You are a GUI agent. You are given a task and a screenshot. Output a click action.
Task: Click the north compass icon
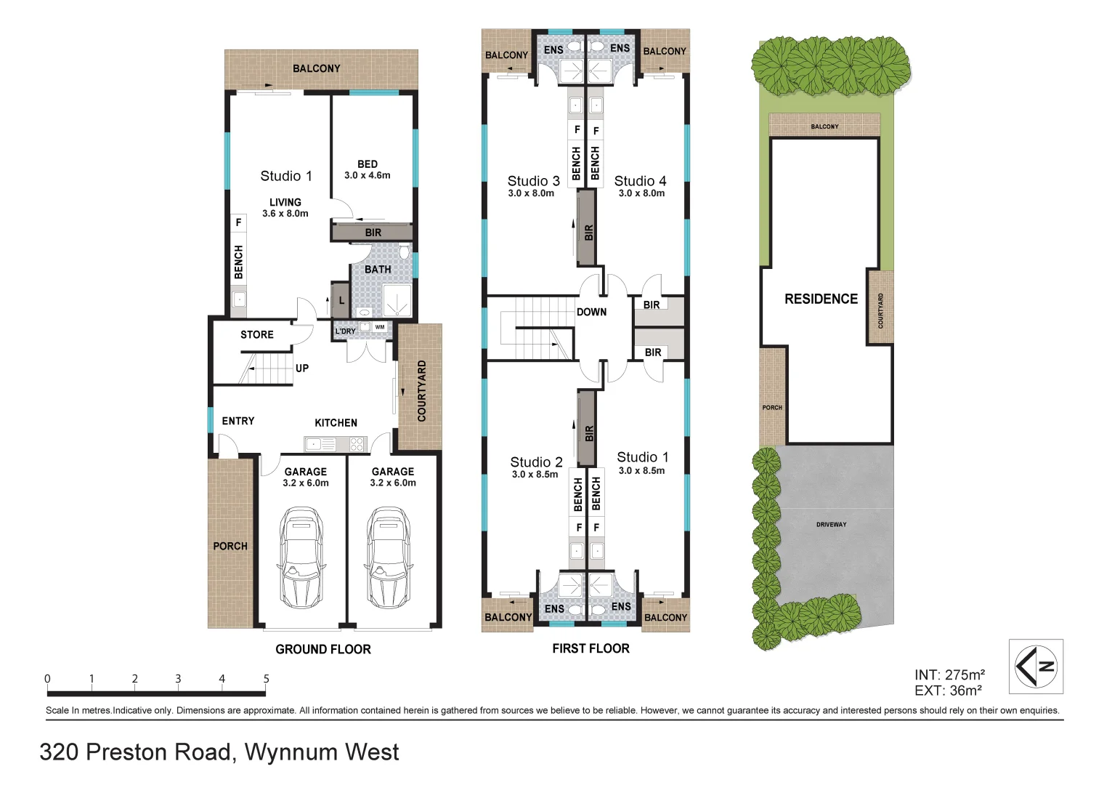pos(1035,667)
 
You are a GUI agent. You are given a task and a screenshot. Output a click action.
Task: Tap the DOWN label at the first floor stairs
pos(591,312)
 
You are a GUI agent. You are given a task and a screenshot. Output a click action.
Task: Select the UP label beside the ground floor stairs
pos(302,369)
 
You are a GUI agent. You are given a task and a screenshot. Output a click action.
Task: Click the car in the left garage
pos(302,557)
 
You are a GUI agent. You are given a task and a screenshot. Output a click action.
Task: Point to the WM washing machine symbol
pos(380,327)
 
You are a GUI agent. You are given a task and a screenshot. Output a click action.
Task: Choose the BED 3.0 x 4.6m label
pos(368,170)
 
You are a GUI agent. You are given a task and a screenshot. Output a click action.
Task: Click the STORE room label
pos(257,335)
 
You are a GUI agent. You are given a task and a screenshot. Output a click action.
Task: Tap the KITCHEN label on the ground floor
pos(336,423)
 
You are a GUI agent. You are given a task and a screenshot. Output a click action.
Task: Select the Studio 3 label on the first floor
pos(533,181)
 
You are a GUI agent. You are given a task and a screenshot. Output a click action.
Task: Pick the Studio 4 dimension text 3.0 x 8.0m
pos(641,193)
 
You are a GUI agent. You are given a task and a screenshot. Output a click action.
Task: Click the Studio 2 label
pos(536,462)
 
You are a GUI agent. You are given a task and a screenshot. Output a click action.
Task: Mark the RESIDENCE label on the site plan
pos(821,299)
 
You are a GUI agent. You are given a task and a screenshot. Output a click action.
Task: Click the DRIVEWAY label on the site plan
pos(831,524)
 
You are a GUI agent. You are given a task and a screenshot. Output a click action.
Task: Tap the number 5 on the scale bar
pos(266,679)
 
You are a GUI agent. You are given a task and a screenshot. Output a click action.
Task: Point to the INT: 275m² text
pos(949,675)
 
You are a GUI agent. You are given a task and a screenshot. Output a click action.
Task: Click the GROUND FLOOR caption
pos(323,649)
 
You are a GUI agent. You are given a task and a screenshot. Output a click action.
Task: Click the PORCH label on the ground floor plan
pos(230,546)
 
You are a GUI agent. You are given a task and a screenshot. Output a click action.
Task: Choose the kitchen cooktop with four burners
pos(357,444)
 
